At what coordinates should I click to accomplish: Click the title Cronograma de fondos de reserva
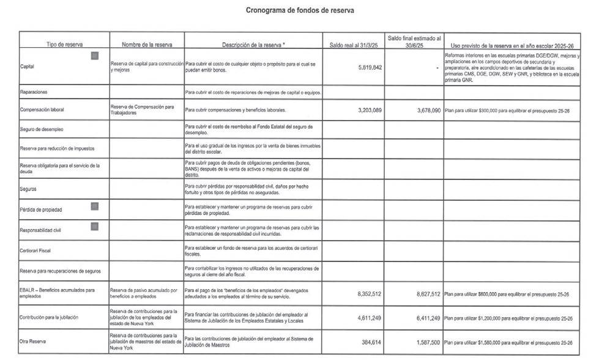pyautogui.click(x=300, y=10)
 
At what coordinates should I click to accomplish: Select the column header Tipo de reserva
pyautogui.click(x=64, y=45)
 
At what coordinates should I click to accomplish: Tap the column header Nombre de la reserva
pyautogui.click(x=147, y=45)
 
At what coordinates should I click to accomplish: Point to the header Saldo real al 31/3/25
pyautogui.click(x=354, y=45)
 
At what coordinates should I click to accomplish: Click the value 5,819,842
pyautogui.click(x=370, y=67)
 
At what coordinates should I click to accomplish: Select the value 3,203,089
pyautogui.click(x=370, y=110)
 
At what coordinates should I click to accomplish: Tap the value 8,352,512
pyautogui.click(x=370, y=294)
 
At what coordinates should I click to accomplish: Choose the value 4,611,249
pyautogui.click(x=370, y=318)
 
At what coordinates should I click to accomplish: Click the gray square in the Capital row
pyautogui.click(x=95, y=56)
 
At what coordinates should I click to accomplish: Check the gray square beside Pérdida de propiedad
pyautogui.click(x=95, y=206)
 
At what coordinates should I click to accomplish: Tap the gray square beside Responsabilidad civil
pyautogui.click(x=95, y=227)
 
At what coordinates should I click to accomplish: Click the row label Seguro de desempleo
pyautogui.click(x=42, y=130)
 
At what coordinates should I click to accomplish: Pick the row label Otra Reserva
pyautogui.click(x=34, y=342)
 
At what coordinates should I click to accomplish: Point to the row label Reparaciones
pyautogui.click(x=34, y=92)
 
